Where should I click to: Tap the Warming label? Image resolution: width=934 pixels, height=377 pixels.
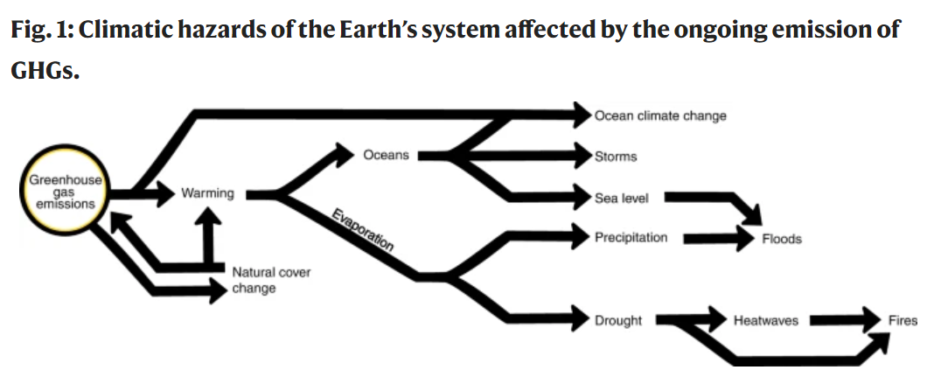click(207, 193)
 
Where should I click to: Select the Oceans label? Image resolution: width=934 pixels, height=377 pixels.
click(386, 155)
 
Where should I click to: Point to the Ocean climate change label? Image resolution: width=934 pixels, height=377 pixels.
click(660, 115)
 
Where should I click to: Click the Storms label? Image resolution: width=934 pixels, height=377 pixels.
click(616, 156)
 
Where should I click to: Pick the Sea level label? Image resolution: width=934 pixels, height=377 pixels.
click(621, 198)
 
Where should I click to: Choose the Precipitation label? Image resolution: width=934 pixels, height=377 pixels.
click(631, 238)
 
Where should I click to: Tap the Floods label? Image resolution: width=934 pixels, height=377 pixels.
click(782, 239)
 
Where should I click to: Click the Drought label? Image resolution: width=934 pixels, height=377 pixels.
click(618, 320)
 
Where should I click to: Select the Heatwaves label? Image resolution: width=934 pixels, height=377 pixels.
click(765, 320)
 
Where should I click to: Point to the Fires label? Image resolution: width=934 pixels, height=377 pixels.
click(903, 320)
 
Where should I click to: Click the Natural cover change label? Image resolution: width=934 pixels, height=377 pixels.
click(271, 280)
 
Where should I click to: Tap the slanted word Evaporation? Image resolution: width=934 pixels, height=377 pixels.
click(362, 230)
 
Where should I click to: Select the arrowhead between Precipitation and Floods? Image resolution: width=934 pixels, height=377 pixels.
click(745, 239)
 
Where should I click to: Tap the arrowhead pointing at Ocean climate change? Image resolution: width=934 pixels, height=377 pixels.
click(582, 115)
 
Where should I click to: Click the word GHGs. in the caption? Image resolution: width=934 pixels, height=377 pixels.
click(45, 70)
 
